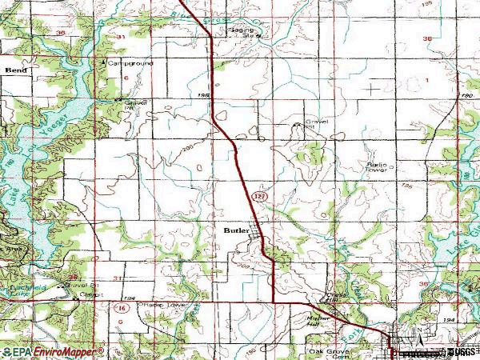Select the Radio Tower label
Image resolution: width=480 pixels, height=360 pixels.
(x=376, y=167)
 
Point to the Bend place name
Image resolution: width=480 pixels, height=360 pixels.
(x=15, y=70)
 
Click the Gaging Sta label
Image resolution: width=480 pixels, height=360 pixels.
(x=246, y=32)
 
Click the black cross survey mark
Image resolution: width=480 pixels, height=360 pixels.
(x=373, y=86)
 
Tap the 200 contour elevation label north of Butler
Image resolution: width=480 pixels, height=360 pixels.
(x=187, y=150)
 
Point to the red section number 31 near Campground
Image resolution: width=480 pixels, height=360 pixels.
(x=121, y=38)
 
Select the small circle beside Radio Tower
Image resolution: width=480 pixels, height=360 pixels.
(x=391, y=169)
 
